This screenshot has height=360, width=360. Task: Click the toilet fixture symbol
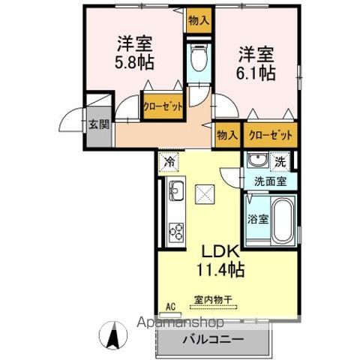(x=199, y=58)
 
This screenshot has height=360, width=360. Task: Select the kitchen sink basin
(x=176, y=190)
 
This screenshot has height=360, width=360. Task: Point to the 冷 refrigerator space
(x=169, y=162)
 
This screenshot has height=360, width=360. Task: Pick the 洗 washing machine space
(x=280, y=162)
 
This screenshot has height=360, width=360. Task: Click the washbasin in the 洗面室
(x=258, y=160)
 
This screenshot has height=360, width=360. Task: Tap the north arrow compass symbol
(x=113, y=334)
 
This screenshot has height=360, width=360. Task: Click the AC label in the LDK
(x=170, y=306)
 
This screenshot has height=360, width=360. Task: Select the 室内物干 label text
(x=213, y=299)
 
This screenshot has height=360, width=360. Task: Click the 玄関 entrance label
(x=99, y=124)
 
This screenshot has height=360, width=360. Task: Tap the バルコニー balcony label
(x=213, y=339)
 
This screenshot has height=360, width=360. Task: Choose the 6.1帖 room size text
(x=256, y=73)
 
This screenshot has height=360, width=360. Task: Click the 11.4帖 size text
(x=220, y=269)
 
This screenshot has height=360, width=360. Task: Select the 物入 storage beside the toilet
(x=199, y=20)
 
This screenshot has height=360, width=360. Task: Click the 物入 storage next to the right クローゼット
(x=226, y=135)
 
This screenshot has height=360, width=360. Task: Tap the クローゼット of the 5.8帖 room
(x=163, y=106)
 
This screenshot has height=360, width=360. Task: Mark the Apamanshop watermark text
(x=180, y=322)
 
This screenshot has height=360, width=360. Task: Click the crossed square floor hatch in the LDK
(x=205, y=194)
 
